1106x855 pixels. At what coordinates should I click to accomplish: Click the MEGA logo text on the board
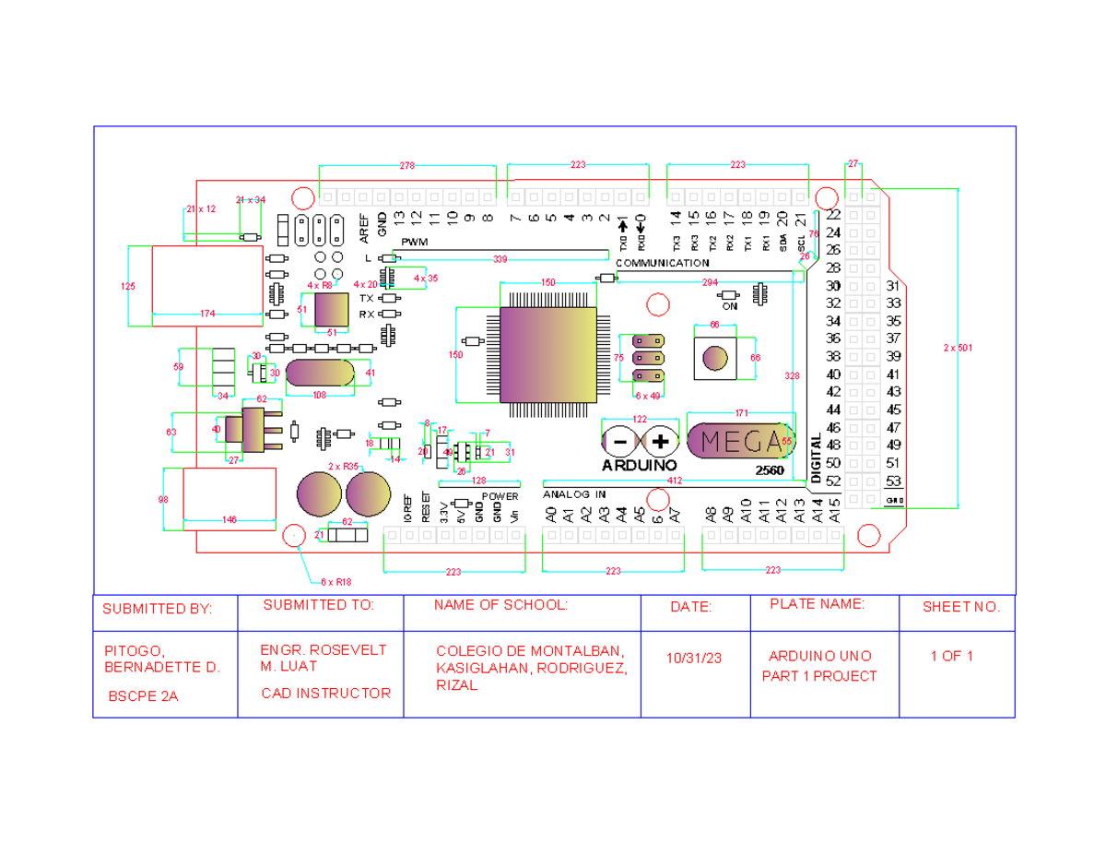click(740, 442)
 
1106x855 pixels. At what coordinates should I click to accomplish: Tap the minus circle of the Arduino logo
click(620, 442)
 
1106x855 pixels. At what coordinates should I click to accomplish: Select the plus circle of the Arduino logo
click(660, 442)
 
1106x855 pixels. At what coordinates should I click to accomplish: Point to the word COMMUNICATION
click(662, 263)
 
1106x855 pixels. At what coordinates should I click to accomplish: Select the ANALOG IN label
click(574, 494)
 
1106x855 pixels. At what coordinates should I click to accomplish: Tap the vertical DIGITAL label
click(816, 458)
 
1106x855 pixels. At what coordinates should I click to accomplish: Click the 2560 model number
click(769, 470)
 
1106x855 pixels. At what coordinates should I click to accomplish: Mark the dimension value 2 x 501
click(959, 348)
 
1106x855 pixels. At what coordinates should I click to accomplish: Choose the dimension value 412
click(675, 481)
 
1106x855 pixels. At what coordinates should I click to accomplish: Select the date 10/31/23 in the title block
click(694, 658)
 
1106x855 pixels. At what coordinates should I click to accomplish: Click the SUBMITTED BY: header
click(157, 609)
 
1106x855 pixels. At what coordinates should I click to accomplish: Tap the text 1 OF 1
click(952, 657)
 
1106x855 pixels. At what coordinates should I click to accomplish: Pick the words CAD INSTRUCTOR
click(326, 693)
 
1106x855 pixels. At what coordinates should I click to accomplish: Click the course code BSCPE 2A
click(143, 696)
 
